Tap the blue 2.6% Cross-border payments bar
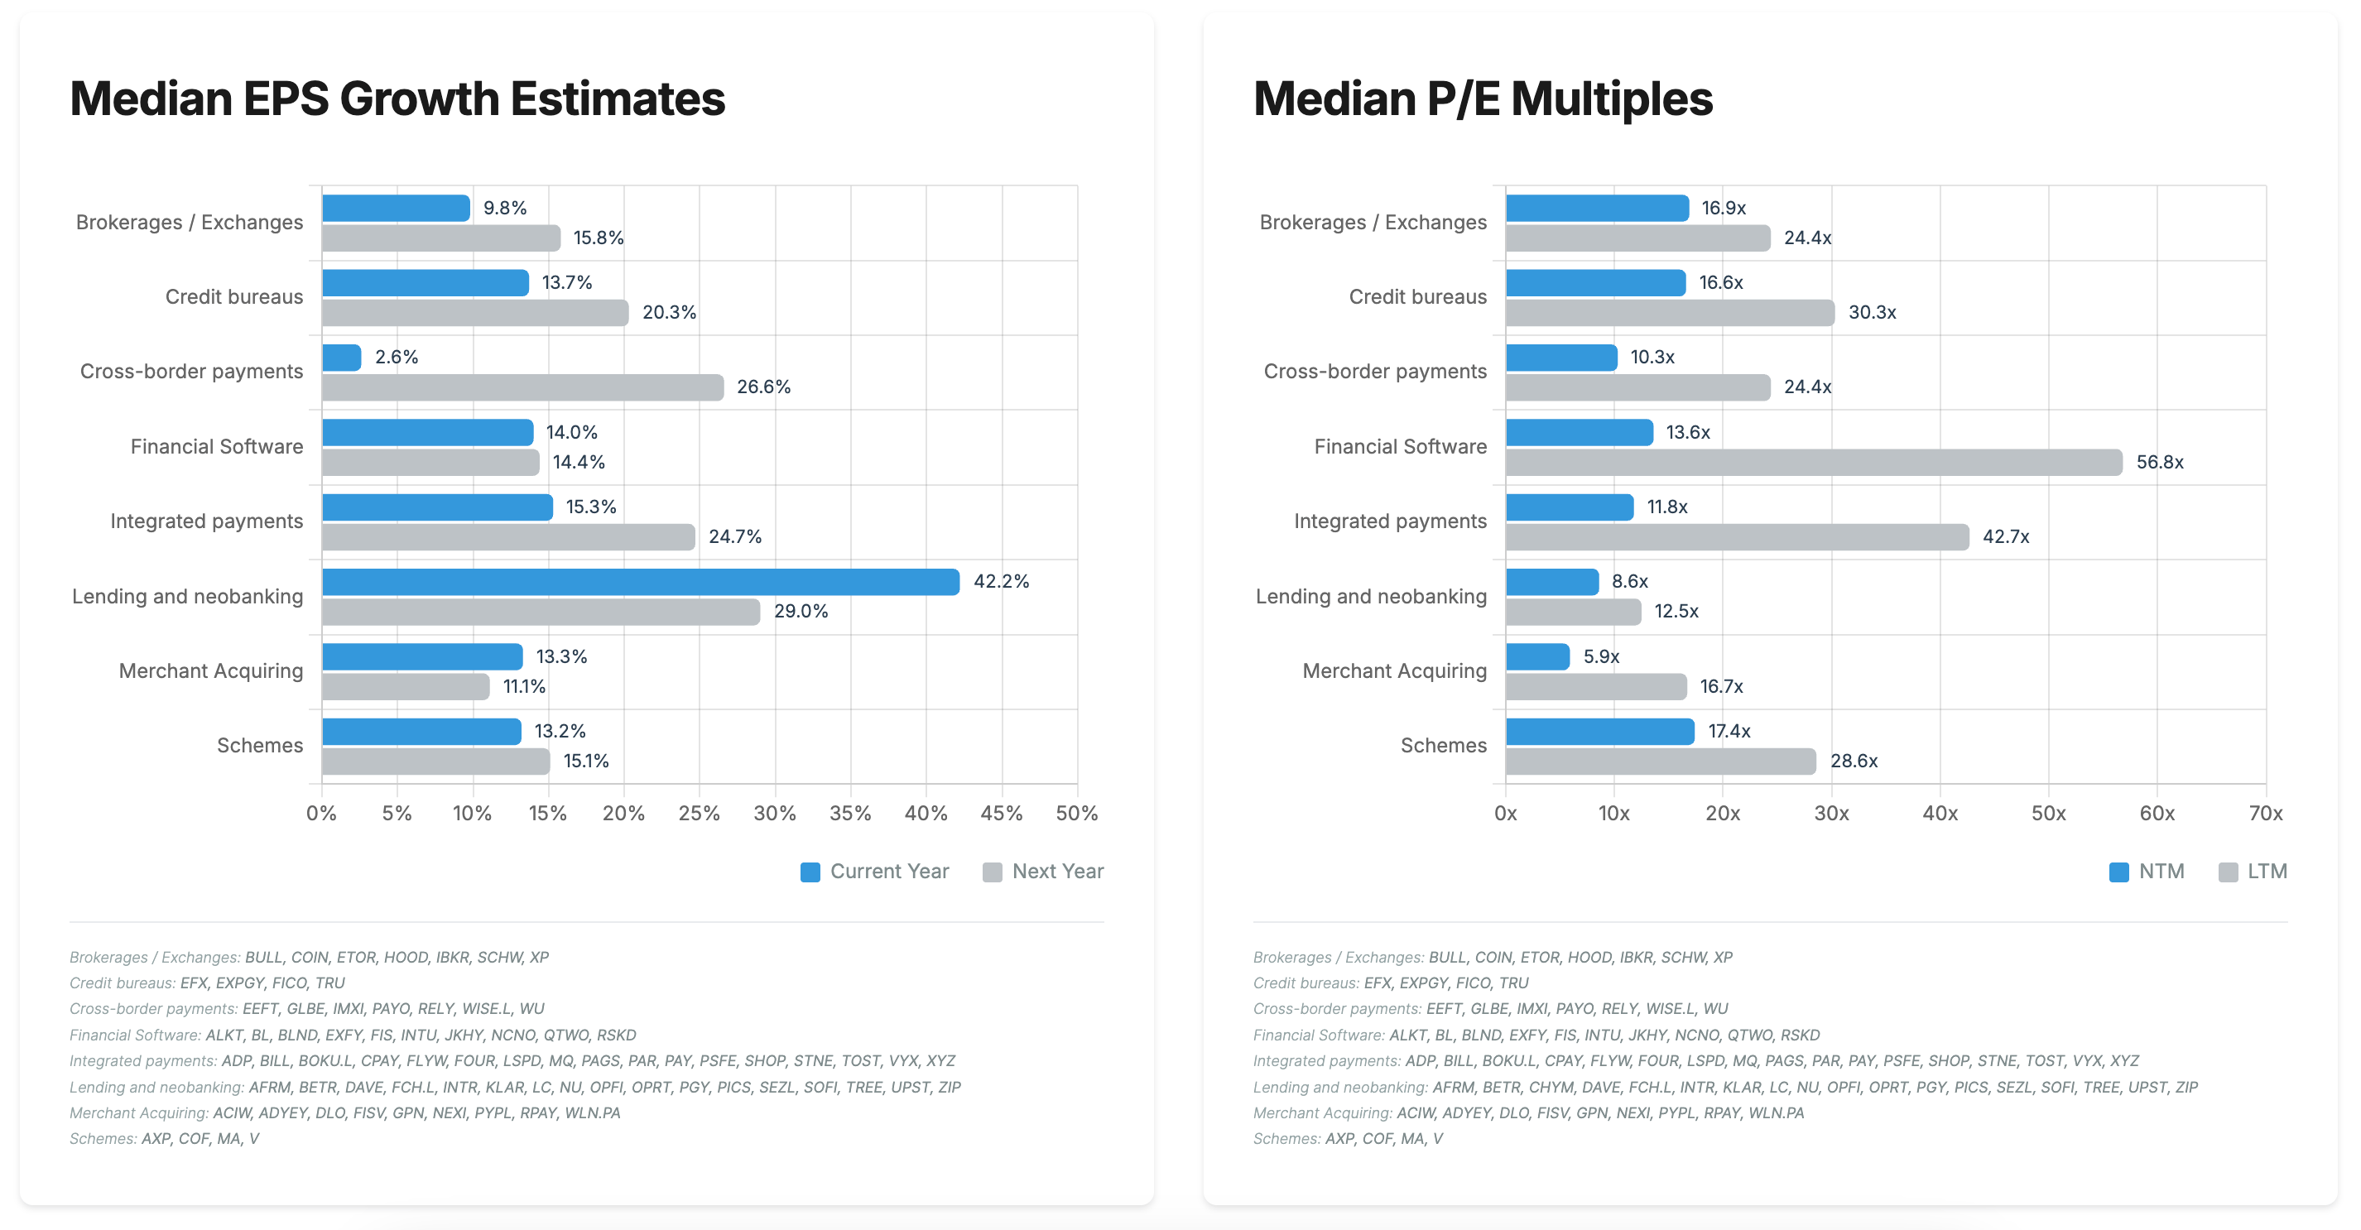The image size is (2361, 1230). (342, 358)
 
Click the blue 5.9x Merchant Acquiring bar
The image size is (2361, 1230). (1537, 656)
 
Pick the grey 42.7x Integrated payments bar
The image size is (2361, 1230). (1736, 537)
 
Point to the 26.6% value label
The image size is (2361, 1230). (763, 387)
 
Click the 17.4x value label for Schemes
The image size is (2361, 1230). (1729, 732)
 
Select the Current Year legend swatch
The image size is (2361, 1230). (810, 872)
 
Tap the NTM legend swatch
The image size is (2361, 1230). (2118, 872)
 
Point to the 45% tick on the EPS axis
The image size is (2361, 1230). (1001, 813)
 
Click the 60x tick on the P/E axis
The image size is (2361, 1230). (2157, 813)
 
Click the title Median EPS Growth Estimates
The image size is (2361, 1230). (397, 99)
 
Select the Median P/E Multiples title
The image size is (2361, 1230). (1482, 99)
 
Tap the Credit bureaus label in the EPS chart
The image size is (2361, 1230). (233, 297)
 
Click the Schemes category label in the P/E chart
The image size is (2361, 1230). (1443, 745)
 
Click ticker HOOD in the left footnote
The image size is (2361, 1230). (405, 957)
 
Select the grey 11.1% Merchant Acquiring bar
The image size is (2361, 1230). (405, 686)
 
